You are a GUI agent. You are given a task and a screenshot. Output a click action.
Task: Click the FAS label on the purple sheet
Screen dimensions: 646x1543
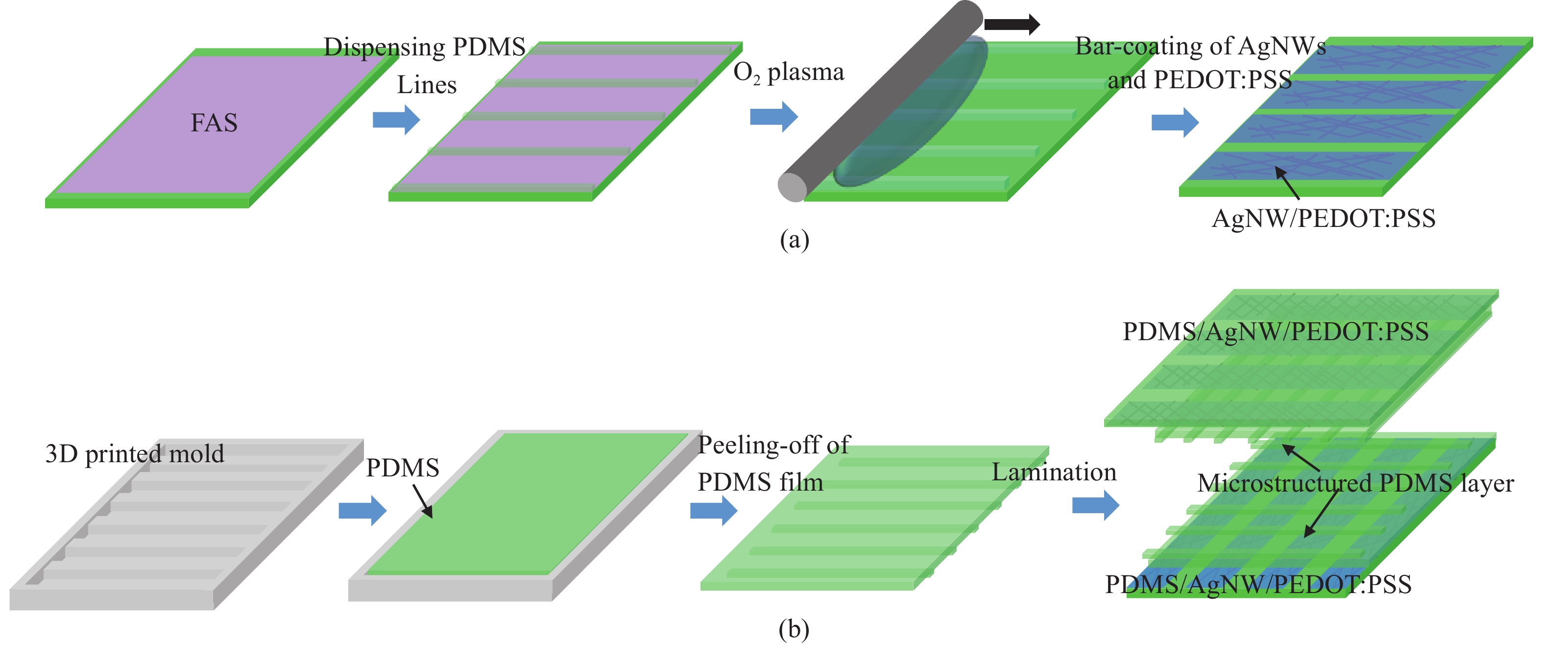tap(214, 123)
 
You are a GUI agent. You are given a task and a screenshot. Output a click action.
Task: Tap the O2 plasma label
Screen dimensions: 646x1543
tap(788, 73)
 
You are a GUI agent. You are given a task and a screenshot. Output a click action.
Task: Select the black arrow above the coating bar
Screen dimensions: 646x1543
tap(1012, 25)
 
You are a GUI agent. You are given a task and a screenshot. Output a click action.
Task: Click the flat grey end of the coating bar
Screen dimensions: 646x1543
tap(793, 187)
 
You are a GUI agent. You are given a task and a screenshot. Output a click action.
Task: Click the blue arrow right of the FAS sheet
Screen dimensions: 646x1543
tap(396, 119)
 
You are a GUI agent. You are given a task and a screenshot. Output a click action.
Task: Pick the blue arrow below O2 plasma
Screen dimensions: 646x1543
tap(773, 116)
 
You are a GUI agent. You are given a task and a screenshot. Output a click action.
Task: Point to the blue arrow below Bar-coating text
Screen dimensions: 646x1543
tap(1175, 122)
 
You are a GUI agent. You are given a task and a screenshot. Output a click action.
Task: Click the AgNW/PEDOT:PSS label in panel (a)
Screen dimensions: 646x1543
tap(1323, 219)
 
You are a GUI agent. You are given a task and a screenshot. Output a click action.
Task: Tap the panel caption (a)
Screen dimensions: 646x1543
tap(794, 240)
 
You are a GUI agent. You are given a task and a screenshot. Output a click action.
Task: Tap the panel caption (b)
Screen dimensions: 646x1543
tap(794, 629)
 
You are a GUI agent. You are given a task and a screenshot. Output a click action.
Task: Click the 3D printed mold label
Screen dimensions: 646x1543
tap(135, 454)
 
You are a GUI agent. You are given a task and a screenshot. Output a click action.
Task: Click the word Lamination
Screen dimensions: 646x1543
tap(1054, 472)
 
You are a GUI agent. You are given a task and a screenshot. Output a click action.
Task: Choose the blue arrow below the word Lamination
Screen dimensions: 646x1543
tap(1095, 505)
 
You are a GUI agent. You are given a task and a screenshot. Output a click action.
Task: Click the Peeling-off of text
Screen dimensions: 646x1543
tap(774, 445)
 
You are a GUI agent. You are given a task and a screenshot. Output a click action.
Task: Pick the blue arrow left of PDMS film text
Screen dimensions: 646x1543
tap(713, 511)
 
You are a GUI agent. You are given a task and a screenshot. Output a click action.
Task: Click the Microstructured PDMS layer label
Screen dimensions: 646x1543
tap(1355, 483)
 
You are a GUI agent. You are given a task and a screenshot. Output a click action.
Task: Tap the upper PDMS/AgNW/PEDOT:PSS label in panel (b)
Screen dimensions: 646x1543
tap(1275, 331)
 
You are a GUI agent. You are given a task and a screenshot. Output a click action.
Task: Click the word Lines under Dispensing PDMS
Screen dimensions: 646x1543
tap(427, 85)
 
